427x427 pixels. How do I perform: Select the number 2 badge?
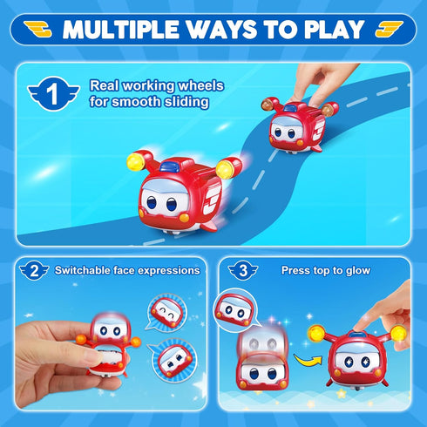[x=33, y=270]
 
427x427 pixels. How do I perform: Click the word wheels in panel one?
[x=182, y=86]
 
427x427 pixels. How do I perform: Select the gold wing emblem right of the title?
[x=389, y=29]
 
